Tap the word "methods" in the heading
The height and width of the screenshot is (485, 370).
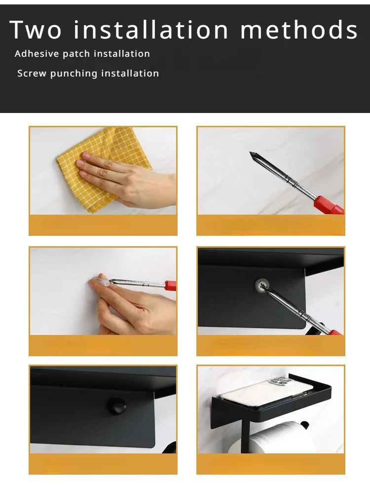[299, 30]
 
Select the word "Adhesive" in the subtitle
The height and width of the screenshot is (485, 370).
[37, 54]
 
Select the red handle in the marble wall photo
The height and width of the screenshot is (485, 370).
[329, 205]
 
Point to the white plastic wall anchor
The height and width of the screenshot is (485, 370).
[102, 281]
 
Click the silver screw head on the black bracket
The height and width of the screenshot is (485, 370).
[262, 285]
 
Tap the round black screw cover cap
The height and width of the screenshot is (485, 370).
[116, 406]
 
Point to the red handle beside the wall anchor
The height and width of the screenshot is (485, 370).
[170, 285]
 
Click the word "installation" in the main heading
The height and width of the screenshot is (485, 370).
[151, 30]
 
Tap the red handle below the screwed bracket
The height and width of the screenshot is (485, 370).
[335, 333]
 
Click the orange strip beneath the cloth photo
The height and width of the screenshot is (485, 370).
[103, 225]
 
